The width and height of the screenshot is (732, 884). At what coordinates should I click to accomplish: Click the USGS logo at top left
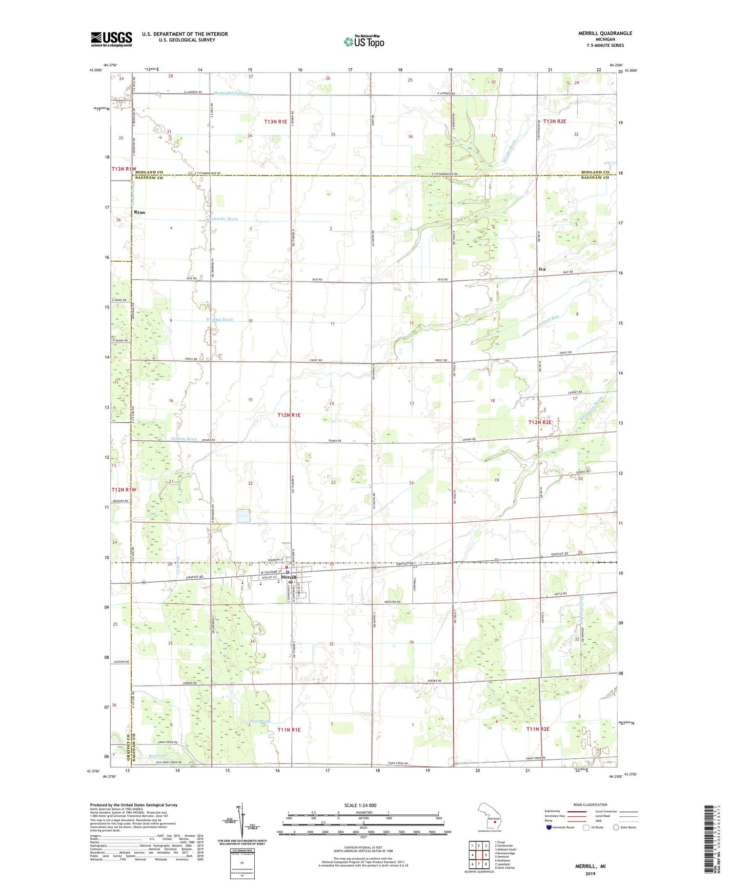[x=111, y=39]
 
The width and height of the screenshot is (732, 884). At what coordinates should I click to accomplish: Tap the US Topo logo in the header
[x=364, y=42]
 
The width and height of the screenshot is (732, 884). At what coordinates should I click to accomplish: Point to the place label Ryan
[x=140, y=213]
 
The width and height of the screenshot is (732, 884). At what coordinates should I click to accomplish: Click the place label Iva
[x=542, y=269]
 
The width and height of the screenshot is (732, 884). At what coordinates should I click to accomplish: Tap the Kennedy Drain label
[x=224, y=219]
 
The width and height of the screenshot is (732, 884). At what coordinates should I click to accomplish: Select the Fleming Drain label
[x=218, y=320]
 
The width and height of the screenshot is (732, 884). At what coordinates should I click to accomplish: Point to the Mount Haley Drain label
[x=231, y=93]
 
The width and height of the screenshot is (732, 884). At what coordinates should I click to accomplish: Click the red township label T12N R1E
[x=289, y=415]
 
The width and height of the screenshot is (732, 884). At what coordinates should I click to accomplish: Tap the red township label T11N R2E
[x=538, y=729]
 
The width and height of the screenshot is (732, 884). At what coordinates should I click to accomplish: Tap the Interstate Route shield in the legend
[x=548, y=827]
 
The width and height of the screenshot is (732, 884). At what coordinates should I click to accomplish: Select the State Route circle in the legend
[x=616, y=827]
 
